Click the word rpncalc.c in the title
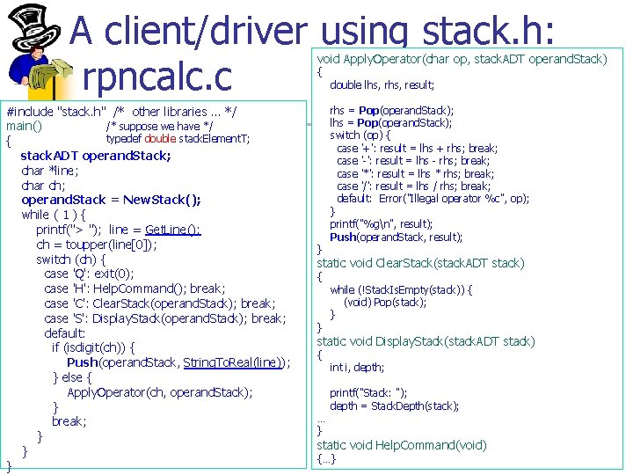point(156,77)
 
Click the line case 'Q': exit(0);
point(89,274)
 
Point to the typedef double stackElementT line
point(178,139)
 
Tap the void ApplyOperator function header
point(462,59)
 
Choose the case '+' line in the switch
point(417,149)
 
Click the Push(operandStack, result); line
point(396,237)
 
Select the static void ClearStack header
point(420,263)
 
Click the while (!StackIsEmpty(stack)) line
point(401,289)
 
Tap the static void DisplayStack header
point(426,341)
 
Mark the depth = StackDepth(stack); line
point(395,406)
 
